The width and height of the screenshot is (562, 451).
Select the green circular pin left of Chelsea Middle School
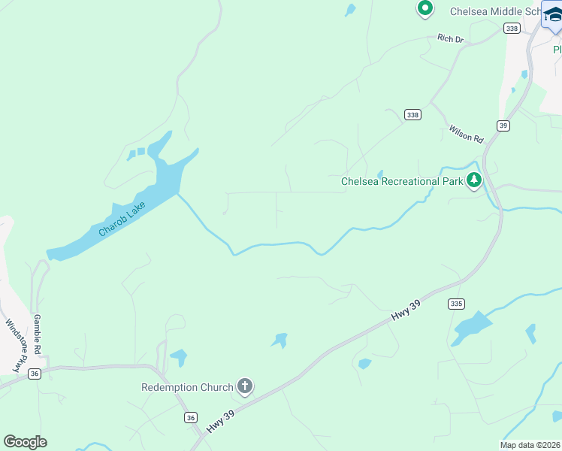pyautogui.click(x=425, y=9)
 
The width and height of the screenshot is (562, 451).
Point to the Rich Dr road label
pyautogui.click(x=452, y=38)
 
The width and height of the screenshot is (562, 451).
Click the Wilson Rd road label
pyautogui.click(x=466, y=134)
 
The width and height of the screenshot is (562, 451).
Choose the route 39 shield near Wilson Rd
pyautogui.click(x=503, y=126)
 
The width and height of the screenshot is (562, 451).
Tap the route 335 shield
pyautogui.click(x=455, y=304)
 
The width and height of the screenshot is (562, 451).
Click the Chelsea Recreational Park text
pyautogui.click(x=402, y=181)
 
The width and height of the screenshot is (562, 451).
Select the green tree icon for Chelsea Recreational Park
pyautogui.click(x=473, y=180)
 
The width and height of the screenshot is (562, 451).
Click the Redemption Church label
pyautogui.click(x=187, y=387)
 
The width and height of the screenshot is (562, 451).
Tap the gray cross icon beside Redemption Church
pyautogui.click(x=244, y=387)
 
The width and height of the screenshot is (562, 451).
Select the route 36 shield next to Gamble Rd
pyautogui.click(x=34, y=374)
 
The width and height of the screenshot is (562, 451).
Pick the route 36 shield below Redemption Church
pyautogui.click(x=191, y=417)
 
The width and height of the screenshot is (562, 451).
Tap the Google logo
pyautogui.click(x=25, y=442)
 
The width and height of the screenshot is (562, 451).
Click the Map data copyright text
pyautogui.click(x=530, y=445)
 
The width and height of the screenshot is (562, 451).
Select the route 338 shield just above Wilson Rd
pyautogui.click(x=412, y=114)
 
